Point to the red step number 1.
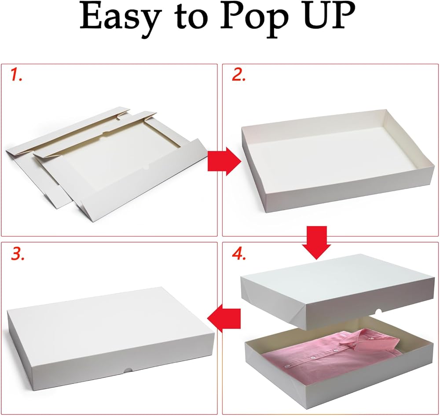[16, 75]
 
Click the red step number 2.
[238, 75]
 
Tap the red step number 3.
[18, 254]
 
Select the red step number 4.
[239, 254]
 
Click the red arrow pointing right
[224, 161]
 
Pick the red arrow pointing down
[316, 242]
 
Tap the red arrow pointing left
[224, 318]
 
